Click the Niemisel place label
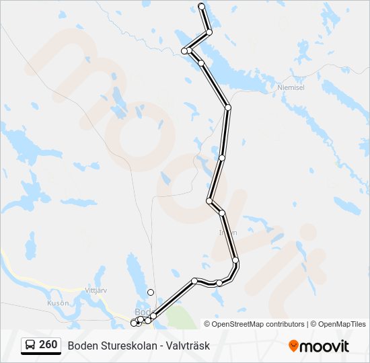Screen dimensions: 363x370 point(291,87)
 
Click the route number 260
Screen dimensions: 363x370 point(48,345)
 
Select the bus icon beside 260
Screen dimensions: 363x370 point(30,346)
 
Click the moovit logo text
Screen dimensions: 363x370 point(325,346)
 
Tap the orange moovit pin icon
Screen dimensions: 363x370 point(293,346)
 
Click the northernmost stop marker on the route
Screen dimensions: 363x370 point(202,6)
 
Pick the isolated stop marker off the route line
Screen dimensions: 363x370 point(151,292)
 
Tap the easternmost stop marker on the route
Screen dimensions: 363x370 point(235,260)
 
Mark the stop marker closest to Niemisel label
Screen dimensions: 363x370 point(228,107)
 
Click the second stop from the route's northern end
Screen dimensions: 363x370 point(209,32)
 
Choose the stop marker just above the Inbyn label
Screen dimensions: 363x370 point(222,212)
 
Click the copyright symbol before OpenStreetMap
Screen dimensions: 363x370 point(207,324)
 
